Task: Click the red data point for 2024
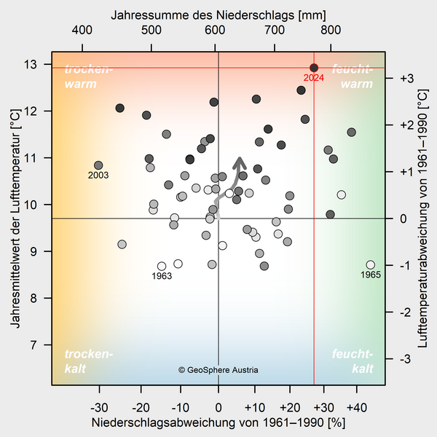pyautogui.click(x=314, y=68)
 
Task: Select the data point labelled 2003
pyautogui.click(x=98, y=165)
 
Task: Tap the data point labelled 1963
pyautogui.click(x=162, y=266)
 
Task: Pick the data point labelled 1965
pyautogui.click(x=371, y=264)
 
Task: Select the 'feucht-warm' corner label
pyautogui.click(x=352, y=76)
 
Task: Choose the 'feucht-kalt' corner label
pyautogui.click(x=353, y=361)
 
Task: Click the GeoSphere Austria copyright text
pyautogui.click(x=219, y=370)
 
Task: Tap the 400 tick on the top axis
pyautogui.click(x=82, y=30)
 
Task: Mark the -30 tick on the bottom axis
pyautogui.click(x=100, y=406)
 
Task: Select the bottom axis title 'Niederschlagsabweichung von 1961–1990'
pyautogui.click(x=219, y=422)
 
